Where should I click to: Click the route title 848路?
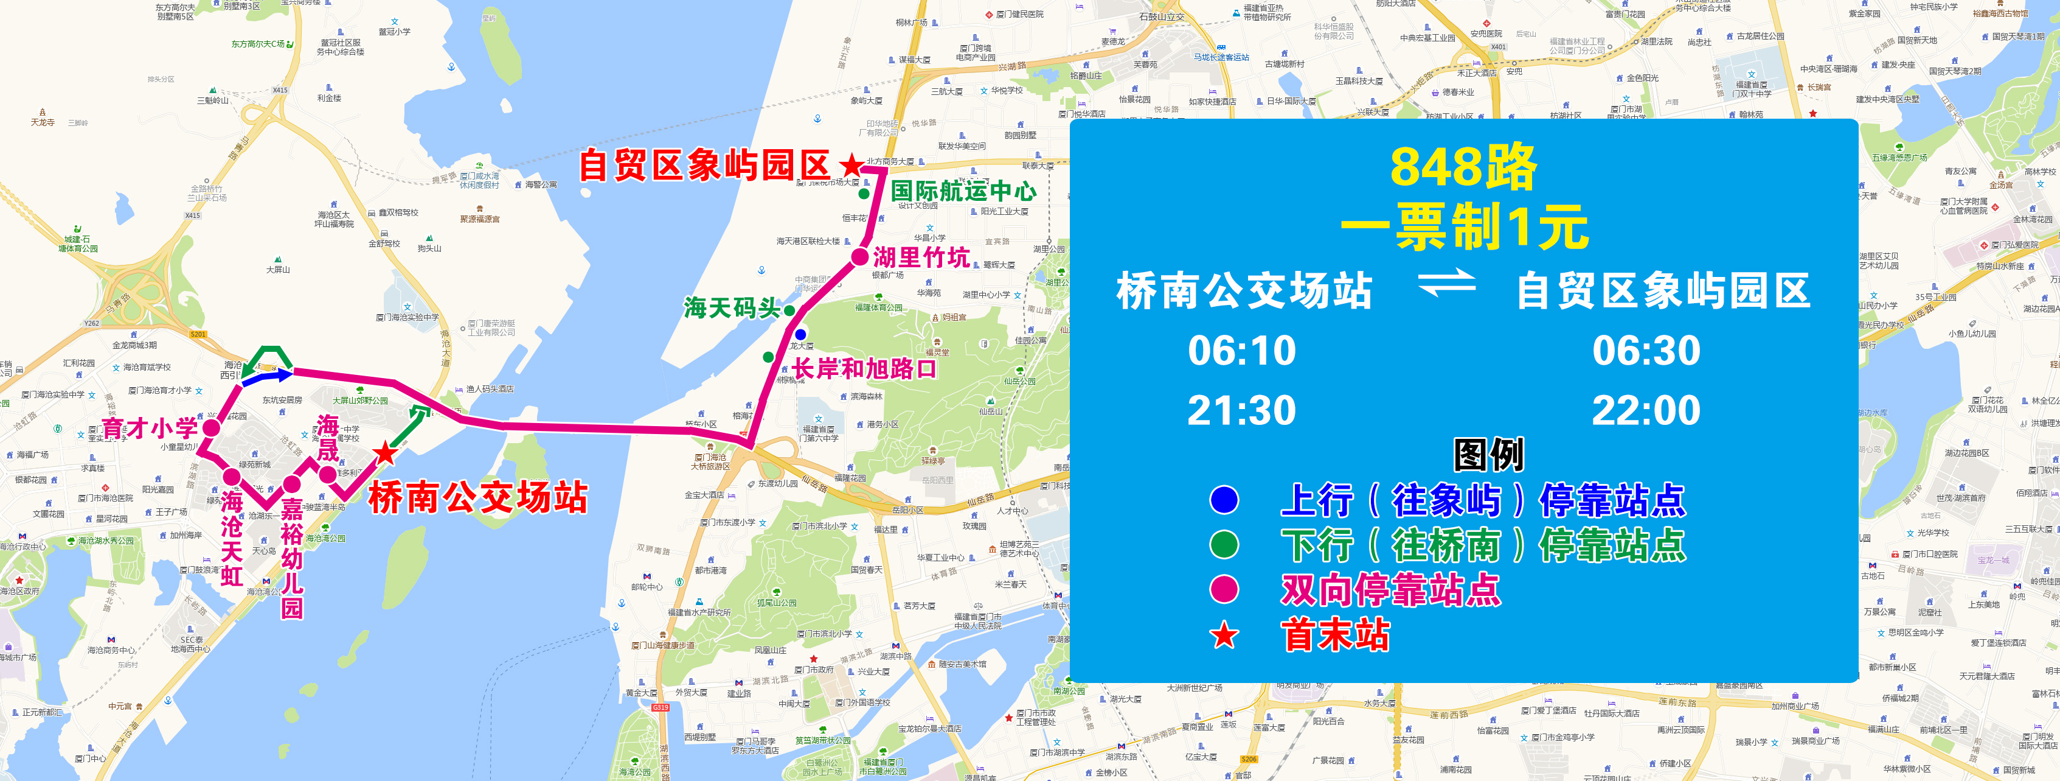coord(1463,167)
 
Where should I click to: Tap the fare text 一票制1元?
coord(1463,227)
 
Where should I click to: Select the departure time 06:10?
coord(1241,351)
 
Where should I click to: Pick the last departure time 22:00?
coord(1646,410)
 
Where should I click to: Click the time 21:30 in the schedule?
coord(1241,410)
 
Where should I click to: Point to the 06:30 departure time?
coord(1646,351)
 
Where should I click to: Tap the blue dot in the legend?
coord(1224,500)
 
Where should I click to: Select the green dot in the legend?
coord(1224,545)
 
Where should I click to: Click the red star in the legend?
coord(1224,636)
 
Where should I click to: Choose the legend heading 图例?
coord(1488,455)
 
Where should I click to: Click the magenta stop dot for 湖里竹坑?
coord(859,257)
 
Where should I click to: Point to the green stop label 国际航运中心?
coord(963,191)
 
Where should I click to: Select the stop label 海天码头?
coord(731,308)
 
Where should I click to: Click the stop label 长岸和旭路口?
coord(864,369)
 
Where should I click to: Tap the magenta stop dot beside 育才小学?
coord(211,428)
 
